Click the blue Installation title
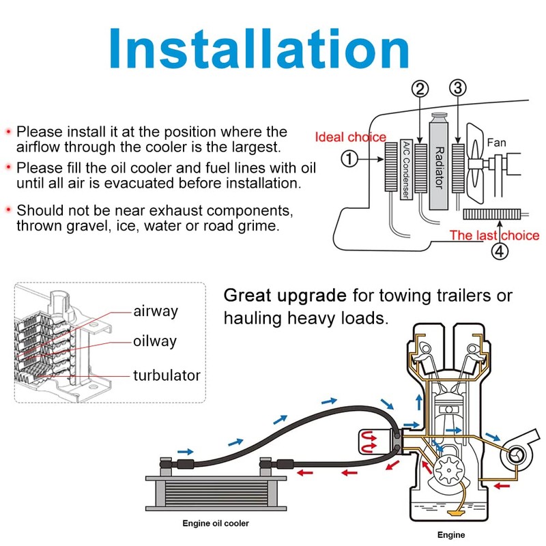(259, 48)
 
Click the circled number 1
(349, 159)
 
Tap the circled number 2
(420, 89)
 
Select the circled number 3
(458, 88)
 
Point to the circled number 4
(500, 251)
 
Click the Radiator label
(440, 167)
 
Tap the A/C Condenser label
(406, 169)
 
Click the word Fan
(497, 143)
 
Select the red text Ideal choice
(351, 137)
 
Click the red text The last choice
(494, 235)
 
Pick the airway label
(156, 311)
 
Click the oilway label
(155, 341)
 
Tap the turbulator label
(167, 375)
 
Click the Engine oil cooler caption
(216, 523)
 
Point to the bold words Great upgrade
(285, 296)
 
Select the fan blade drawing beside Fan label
(475, 163)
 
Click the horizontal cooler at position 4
(491, 214)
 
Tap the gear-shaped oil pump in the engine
(448, 470)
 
